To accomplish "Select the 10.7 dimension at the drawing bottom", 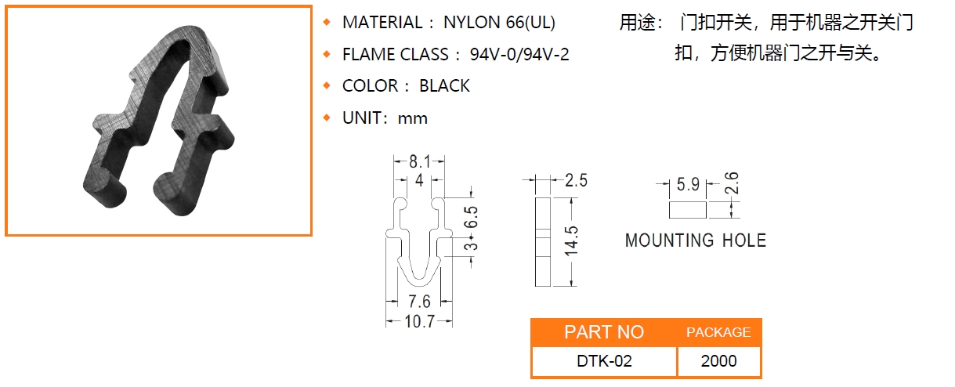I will (419, 321).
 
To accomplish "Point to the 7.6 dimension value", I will (419, 302).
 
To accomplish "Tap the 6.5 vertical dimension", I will (470, 217).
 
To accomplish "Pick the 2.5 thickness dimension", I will (576, 181).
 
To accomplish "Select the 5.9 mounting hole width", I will (688, 185).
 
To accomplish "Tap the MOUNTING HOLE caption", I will (696, 241).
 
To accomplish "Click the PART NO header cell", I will (604, 332).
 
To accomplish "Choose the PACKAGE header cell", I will (718, 332).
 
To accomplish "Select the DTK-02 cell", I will (604, 361).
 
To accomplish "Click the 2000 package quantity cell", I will (719, 361).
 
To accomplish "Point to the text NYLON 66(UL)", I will (499, 23).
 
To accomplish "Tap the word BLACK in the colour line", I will (444, 86).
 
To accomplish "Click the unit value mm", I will (413, 118).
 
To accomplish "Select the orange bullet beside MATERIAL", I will (327, 22).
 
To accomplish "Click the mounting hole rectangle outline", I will (688, 210).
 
